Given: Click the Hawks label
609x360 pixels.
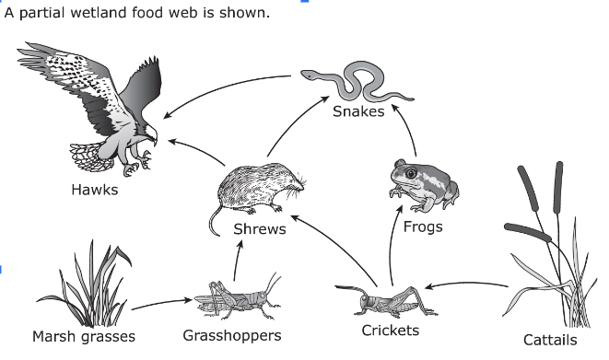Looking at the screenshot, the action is tap(94, 190).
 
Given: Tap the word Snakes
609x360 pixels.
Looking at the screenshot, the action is tap(358, 111).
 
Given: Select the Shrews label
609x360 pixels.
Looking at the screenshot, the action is tap(260, 229).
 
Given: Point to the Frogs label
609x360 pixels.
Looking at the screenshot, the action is tap(423, 226).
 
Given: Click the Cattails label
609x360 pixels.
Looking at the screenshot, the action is tap(550, 340).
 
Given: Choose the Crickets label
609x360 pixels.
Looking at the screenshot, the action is tap(391, 331).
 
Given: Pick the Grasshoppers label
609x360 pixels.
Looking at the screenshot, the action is tap(232, 335).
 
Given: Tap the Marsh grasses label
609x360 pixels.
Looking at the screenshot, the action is tap(84, 336).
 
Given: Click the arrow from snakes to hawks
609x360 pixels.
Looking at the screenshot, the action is tap(221, 88).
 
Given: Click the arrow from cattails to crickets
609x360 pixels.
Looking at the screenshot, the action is tap(466, 284).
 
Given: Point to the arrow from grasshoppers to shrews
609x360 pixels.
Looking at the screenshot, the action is tap(237, 260).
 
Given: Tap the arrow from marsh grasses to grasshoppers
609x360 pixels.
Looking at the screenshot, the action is tap(162, 303).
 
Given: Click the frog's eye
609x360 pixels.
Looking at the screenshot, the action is tap(410, 172).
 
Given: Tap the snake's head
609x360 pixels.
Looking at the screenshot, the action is tap(309, 75).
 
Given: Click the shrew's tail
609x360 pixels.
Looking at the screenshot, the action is tap(215, 222).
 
